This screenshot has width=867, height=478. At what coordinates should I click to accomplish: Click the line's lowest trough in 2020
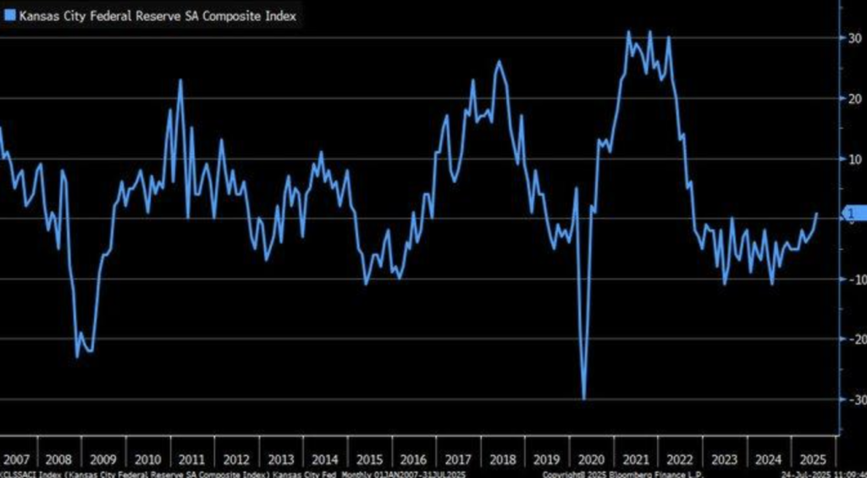point(584,398)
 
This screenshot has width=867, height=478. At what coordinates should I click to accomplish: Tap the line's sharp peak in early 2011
point(180,81)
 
